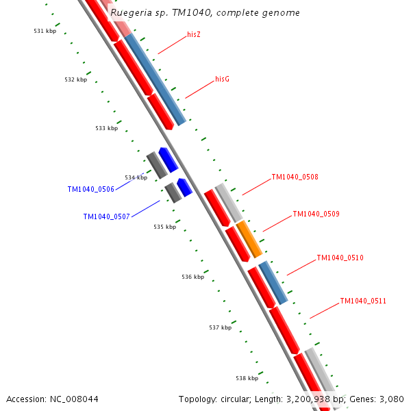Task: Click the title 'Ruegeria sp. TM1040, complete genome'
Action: coord(205,13)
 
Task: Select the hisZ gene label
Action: coord(194,34)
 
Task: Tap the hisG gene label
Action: coord(222,79)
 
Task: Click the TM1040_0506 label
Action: coord(90,189)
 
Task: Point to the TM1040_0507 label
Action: coord(106,216)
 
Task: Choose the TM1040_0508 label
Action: coord(295,177)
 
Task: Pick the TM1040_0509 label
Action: coord(316,214)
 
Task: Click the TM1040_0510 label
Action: coord(340,258)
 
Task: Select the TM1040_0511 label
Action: coord(363,301)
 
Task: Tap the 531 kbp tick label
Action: coord(45,31)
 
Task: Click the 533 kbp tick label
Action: coord(106,128)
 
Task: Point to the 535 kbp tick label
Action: coord(164,227)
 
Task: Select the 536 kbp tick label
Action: coord(192,277)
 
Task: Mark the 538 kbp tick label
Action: coord(247,378)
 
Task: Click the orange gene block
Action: coord(249,239)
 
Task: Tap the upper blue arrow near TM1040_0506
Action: coord(168,159)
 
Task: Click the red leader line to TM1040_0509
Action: coord(277,223)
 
